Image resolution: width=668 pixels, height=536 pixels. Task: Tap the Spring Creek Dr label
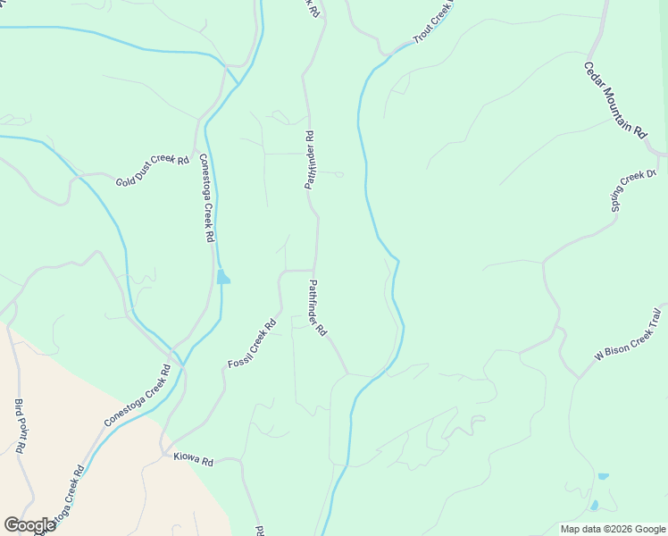[x=633, y=191]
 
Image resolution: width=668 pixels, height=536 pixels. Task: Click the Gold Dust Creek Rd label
[x=153, y=172]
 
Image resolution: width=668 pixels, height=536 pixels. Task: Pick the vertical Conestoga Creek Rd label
[x=206, y=198]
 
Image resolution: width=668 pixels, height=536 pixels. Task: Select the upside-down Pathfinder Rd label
[x=310, y=161]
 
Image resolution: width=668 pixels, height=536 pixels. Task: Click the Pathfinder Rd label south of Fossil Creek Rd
[x=318, y=308]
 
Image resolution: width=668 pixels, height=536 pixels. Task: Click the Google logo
[x=29, y=525]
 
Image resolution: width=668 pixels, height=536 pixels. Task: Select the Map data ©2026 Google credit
[x=612, y=529]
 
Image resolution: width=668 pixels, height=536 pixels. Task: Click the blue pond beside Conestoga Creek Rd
[x=222, y=277]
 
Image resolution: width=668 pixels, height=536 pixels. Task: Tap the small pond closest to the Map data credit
[x=595, y=506]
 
